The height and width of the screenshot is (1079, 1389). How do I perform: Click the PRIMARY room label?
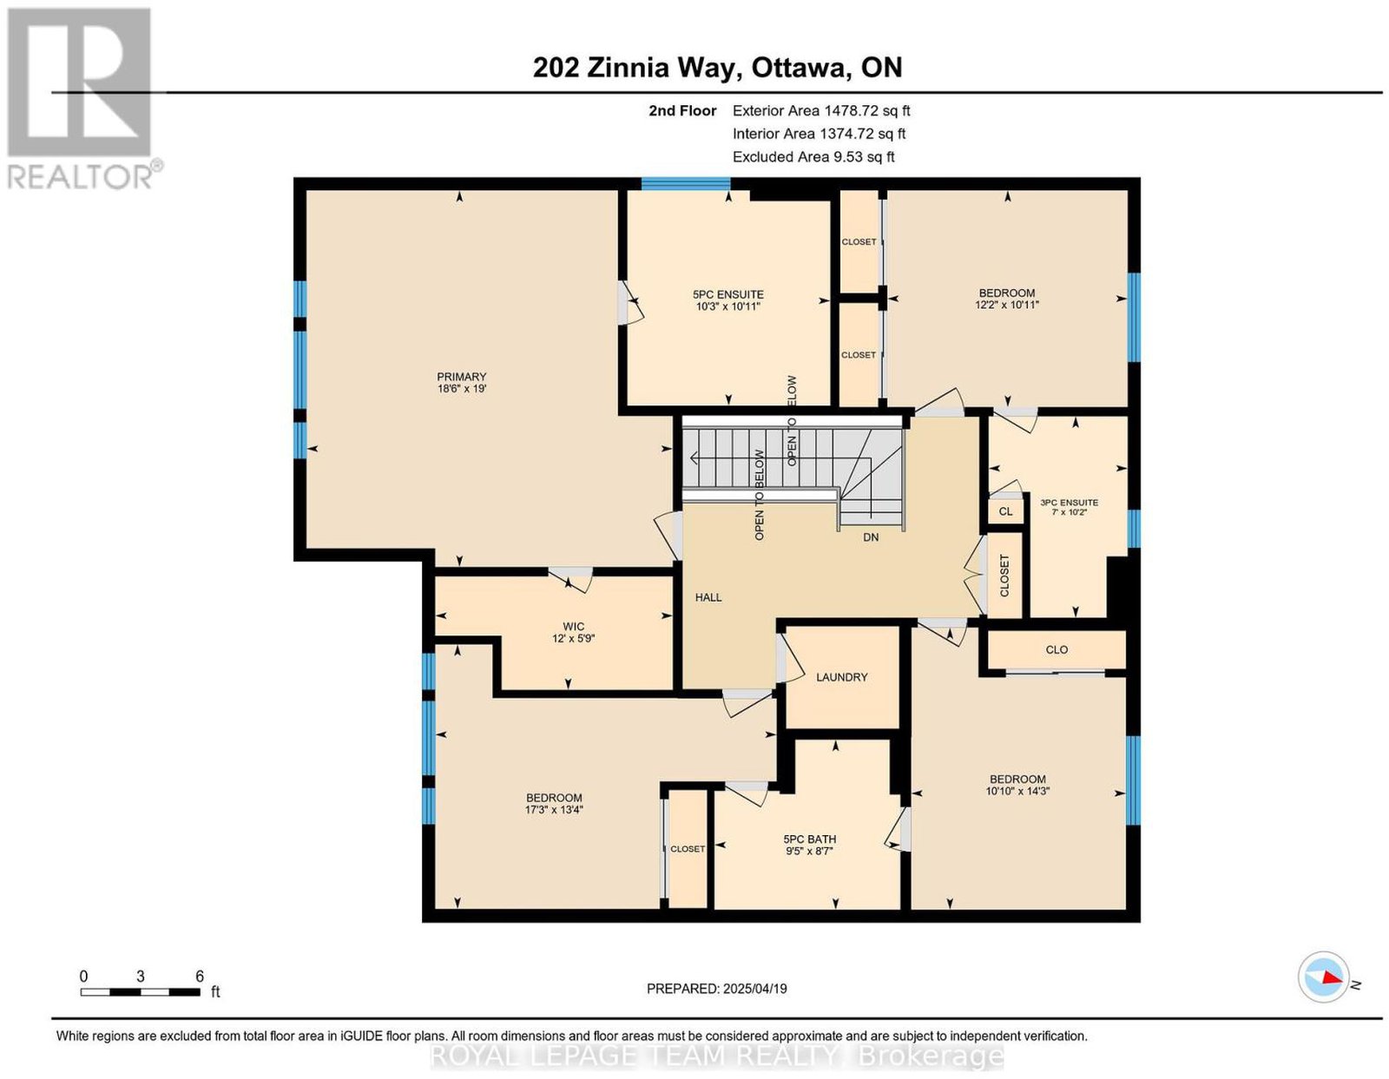point(462,377)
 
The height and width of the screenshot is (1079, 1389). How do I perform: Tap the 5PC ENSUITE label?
point(728,294)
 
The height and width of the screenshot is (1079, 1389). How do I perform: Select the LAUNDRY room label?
point(841,677)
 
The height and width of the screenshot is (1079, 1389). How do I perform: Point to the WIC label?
point(573,627)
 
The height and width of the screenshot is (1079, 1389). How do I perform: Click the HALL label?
point(708,597)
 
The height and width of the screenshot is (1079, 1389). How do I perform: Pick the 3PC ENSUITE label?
point(1070,503)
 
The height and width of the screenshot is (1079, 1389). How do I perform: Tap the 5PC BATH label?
point(809,839)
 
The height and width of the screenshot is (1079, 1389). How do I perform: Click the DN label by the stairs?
point(871,537)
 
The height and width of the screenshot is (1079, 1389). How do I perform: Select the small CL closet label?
point(1005,511)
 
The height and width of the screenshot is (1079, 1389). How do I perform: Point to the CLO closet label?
point(1057,649)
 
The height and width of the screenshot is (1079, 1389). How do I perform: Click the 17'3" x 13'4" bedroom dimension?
point(554,809)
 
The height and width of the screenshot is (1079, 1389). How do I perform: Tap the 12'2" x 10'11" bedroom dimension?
point(1007,305)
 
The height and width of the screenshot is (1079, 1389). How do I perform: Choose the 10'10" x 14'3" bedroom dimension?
point(1017,791)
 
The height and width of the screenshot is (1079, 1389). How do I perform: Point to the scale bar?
point(140,992)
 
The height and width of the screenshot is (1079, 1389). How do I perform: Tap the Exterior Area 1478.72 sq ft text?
point(821,111)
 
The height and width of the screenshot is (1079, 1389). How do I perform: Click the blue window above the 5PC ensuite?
point(686,184)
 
